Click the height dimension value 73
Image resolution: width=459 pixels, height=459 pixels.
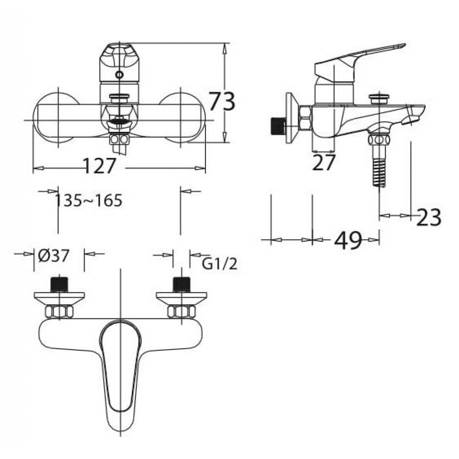[221, 102]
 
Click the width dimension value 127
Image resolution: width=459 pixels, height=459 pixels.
[99, 166]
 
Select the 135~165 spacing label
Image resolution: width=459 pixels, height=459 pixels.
[88, 200]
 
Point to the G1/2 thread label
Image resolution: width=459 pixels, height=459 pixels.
[219, 264]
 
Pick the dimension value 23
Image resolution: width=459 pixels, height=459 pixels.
[429, 218]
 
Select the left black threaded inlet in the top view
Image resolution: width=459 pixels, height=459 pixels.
[59, 284]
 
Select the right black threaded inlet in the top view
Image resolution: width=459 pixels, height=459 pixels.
[181, 284]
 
